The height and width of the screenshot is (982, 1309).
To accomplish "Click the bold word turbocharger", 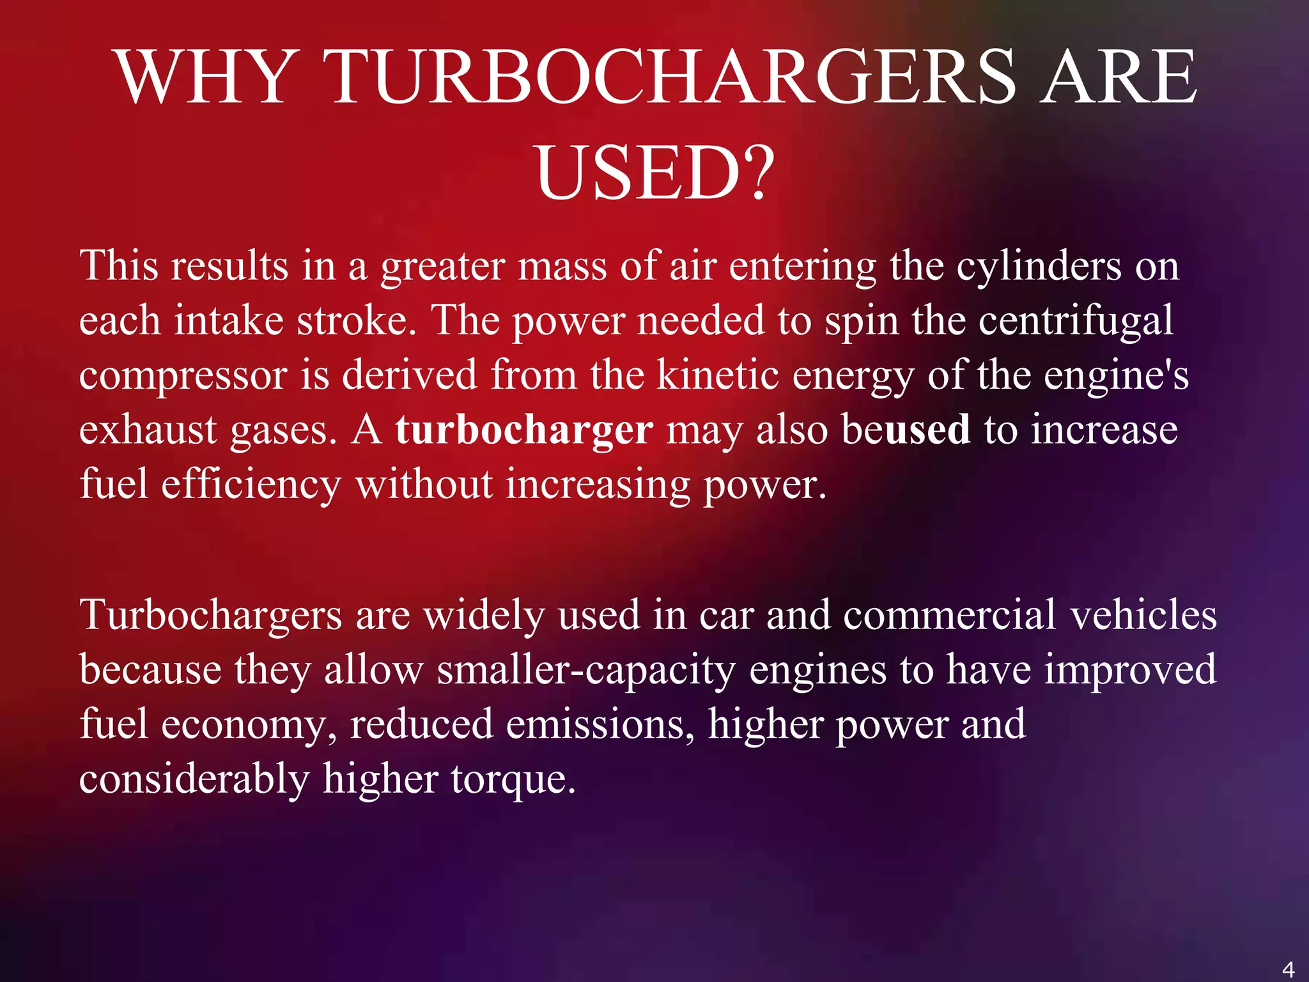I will [x=524, y=429].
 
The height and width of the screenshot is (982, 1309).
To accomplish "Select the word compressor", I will [x=183, y=376].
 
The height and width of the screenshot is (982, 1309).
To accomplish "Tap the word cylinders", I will [x=1039, y=265].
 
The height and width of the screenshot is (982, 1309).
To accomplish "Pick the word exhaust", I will [x=148, y=430].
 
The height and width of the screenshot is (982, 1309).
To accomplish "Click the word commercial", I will [x=949, y=615].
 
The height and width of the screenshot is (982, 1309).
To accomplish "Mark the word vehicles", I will [x=1143, y=615].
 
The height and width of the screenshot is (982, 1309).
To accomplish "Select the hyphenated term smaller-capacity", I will [x=586, y=670].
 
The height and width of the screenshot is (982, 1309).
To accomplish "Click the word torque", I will [x=513, y=779].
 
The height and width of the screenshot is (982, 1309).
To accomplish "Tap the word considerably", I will [x=194, y=779].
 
